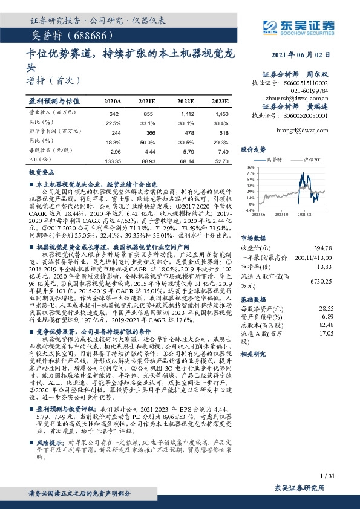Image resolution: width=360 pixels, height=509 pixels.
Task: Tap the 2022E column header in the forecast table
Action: pyautogui.click(x=185, y=101)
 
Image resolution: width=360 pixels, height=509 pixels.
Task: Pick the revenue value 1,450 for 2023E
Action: pyautogui.click(x=221, y=114)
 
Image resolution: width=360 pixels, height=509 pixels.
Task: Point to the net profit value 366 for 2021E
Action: pyautogui.click(x=149, y=132)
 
